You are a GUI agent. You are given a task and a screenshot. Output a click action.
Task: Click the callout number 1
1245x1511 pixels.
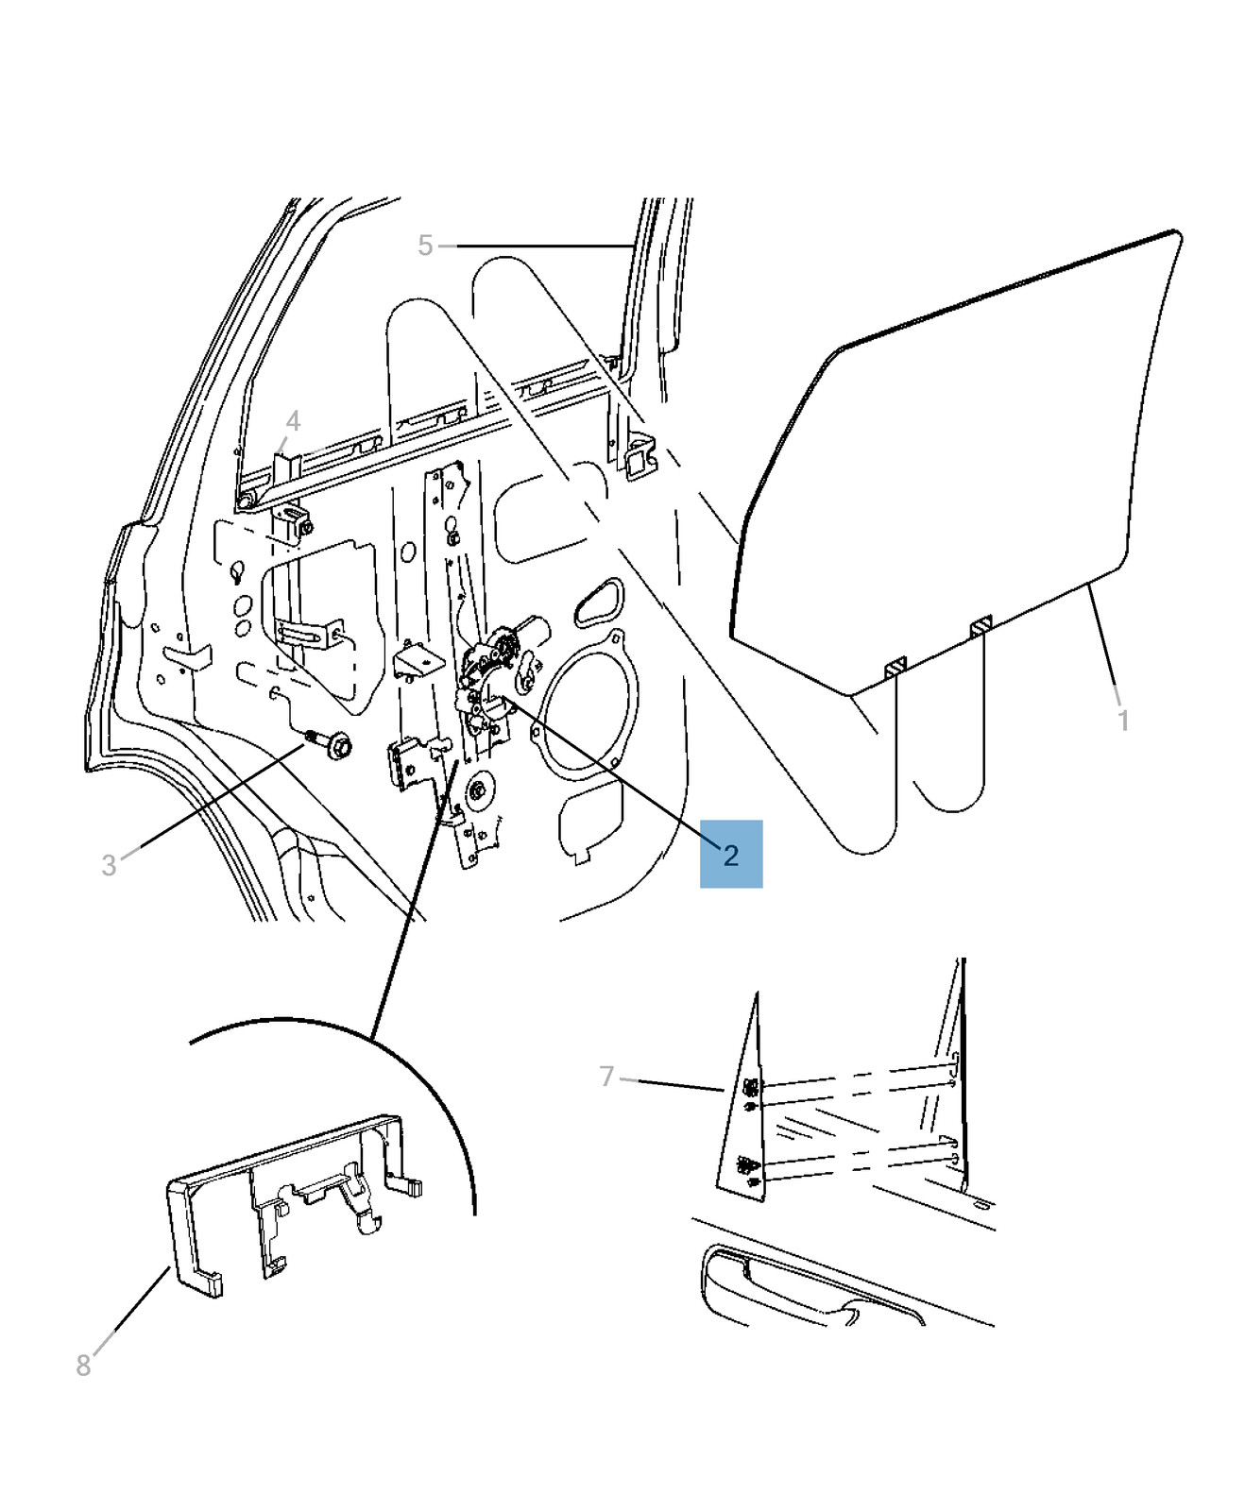click(x=1123, y=721)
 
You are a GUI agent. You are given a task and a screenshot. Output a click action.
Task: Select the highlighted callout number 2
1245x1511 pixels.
click(x=731, y=855)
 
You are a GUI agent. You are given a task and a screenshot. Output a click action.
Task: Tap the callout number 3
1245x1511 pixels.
click(x=109, y=865)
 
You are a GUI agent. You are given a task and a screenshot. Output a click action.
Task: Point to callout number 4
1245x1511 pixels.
click(x=293, y=421)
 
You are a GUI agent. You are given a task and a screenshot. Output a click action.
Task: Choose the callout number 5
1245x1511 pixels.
click(x=425, y=246)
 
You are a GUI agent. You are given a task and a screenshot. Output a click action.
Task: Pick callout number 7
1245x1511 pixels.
click(x=606, y=1077)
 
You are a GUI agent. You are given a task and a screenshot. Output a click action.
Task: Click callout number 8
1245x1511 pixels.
click(x=83, y=1366)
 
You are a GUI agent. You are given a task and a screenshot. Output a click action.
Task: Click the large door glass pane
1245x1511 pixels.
click(x=954, y=463)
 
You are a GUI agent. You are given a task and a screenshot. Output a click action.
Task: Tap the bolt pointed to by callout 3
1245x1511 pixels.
click(x=329, y=743)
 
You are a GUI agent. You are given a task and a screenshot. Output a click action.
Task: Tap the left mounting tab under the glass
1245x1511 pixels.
click(x=895, y=668)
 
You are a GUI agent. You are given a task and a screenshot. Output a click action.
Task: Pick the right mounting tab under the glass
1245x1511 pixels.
click(x=981, y=624)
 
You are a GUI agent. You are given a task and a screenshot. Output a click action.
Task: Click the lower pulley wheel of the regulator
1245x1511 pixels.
click(x=478, y=789)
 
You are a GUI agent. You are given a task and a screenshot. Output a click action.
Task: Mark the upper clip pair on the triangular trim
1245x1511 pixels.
click(x=750, y=1094)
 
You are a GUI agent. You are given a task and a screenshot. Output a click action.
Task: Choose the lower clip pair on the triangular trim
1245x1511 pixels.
click(x=749, y=1171)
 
